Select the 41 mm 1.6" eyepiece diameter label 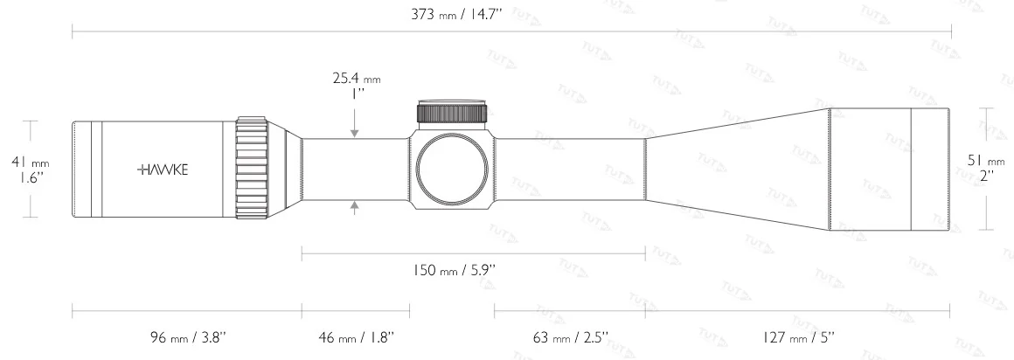(x=30, y=169)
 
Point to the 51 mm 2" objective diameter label (x=989, y=168)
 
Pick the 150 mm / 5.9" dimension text (x=455, y=271)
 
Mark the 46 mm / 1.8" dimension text (x=355, y=336)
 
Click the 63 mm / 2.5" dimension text (x=570, y=336)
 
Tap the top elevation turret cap (x=453, y=112)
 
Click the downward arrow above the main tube (x=355, y=131)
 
